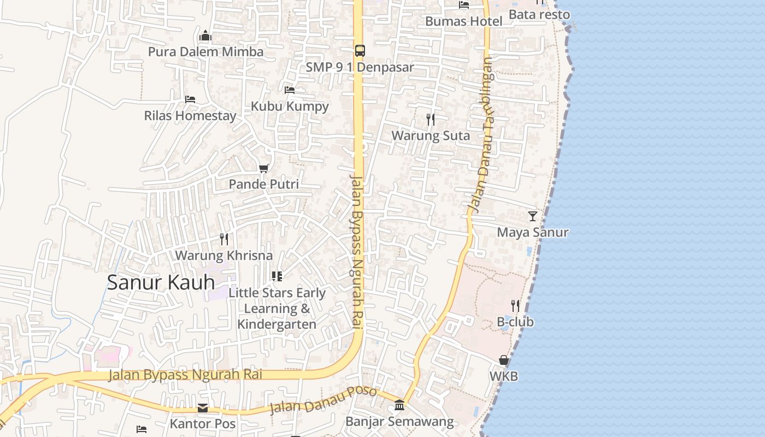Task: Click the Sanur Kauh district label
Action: point(161,282)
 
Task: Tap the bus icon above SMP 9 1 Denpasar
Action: point(360,51)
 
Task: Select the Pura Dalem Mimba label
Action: point(205,52)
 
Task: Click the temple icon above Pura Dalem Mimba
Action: point(205,36)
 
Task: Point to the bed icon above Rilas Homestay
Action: point(190,99)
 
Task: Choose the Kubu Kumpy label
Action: point(290,106)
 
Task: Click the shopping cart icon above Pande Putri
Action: point(264,168)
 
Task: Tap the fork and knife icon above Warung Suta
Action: point(431,119)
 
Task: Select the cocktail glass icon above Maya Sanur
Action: point(533,216)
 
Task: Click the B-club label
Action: point(515,322)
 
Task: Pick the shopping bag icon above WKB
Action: point(504,361)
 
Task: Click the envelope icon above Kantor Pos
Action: point(203,408)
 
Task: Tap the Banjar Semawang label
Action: point(399,422)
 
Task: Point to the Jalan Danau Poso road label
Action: point(323,401)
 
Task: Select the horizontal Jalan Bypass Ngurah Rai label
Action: point(185,375)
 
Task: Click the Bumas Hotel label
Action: point(463,21)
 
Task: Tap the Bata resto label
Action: point(539,14)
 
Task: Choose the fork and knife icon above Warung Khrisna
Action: point(223,239)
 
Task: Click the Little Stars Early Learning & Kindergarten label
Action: point(277,309)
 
